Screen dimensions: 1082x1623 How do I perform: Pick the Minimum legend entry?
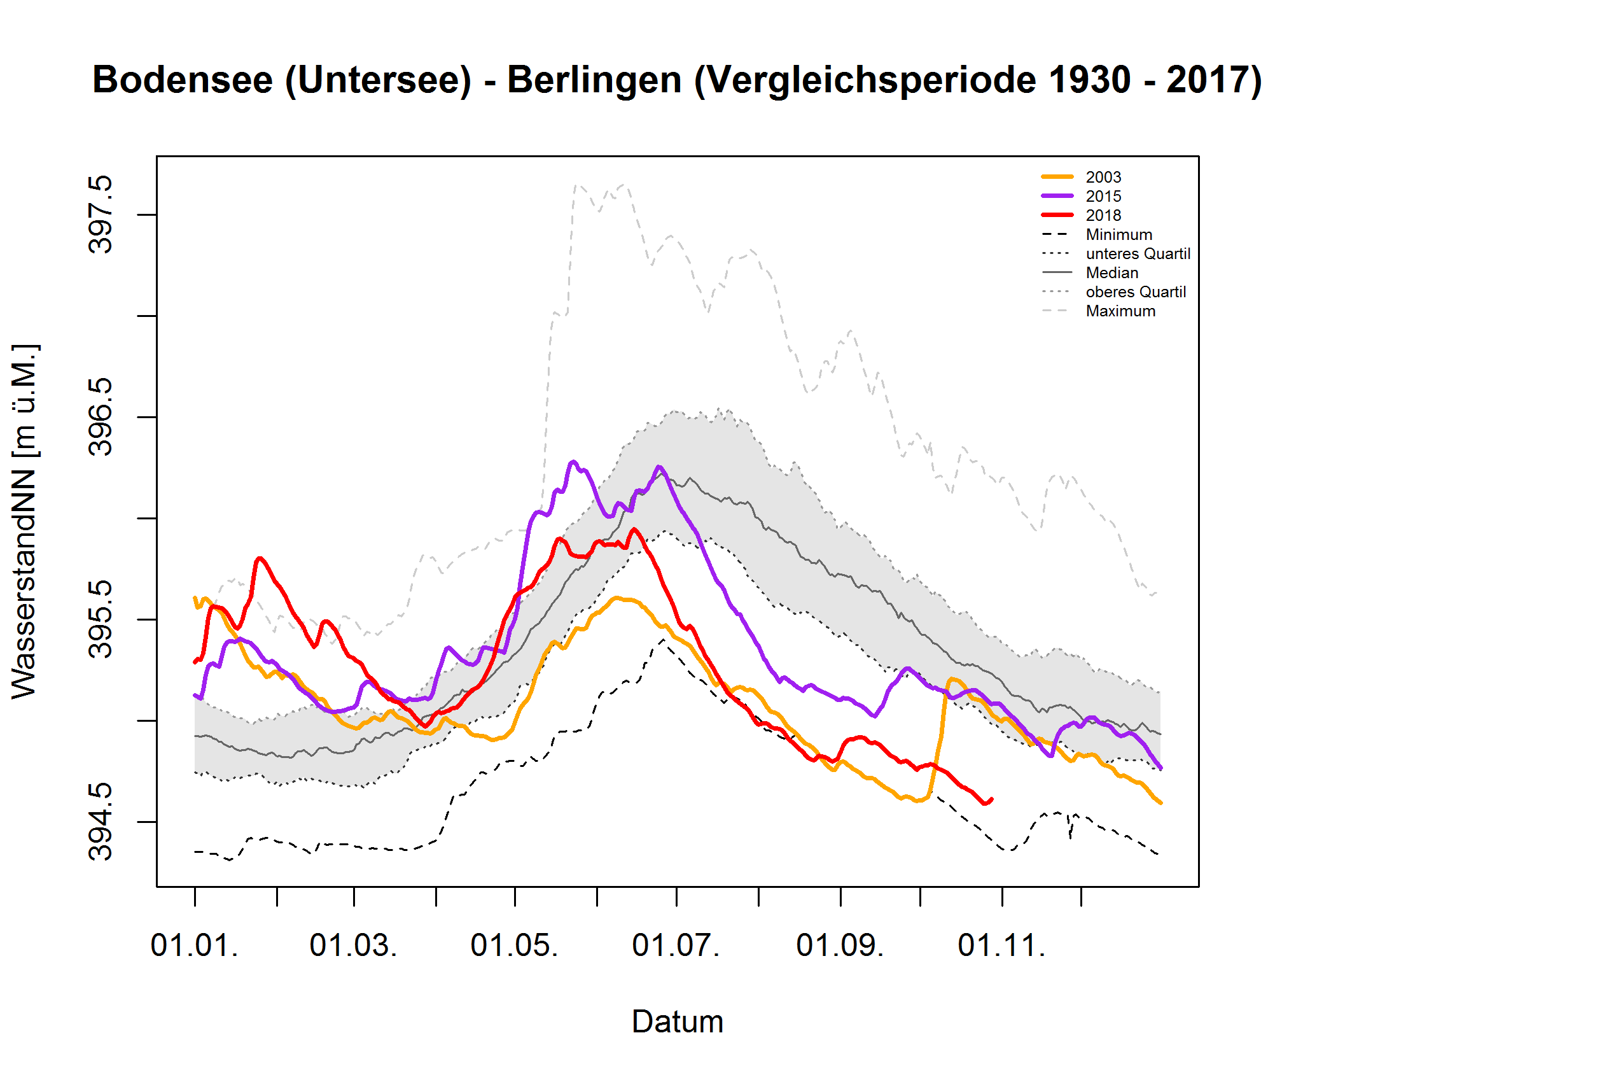pyautogui.click(x=1118, y=235)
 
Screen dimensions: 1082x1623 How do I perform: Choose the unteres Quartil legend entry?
pyautogui.click(x=1138, y=254)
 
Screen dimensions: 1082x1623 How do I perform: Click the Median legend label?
pyautogui.click(x=1111, y=273)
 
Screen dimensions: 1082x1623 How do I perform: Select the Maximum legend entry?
pyautogui.click(x=1120, y=311)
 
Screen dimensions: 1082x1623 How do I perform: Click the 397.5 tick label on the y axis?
pyautogui.click(x=101, y=214)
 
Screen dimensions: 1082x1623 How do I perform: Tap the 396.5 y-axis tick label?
pyautogui.click(x=101, y=417)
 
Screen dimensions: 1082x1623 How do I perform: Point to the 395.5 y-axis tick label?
pyautogui.click(x=101, y=619)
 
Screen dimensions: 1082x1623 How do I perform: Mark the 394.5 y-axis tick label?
pyautogui.click(x=101, y=821)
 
